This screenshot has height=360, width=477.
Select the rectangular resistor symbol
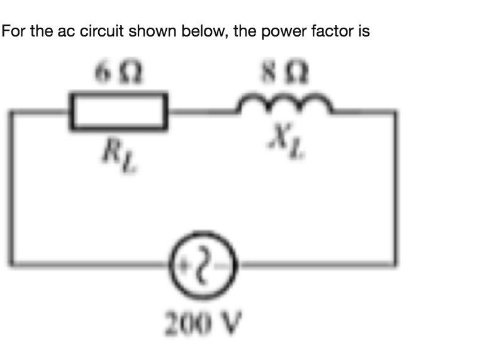tap(120, 111)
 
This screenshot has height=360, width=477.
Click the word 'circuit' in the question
tap(101, 32)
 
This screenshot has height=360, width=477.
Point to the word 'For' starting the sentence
tap(14, 32)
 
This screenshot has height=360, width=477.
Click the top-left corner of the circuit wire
tap(12, 113)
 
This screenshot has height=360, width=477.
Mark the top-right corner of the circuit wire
tap(395, 113)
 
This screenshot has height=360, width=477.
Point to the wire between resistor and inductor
tap(203, 112)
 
